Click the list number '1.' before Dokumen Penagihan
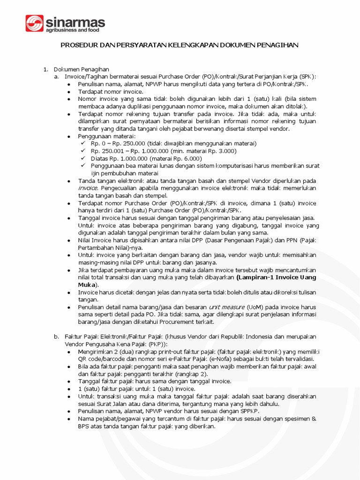click(x=46, y=69)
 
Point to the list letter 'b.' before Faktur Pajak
click(x=56, y=337)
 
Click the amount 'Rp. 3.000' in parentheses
click(x=222, y=151)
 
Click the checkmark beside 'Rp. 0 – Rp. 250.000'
click(x=83, y=143)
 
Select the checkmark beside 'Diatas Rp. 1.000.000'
click(x=83, y=158)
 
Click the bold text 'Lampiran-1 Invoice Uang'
click(x=277, y=277)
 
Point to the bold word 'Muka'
click(x=86, y=285)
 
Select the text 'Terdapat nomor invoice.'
click(x=110, y=91)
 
